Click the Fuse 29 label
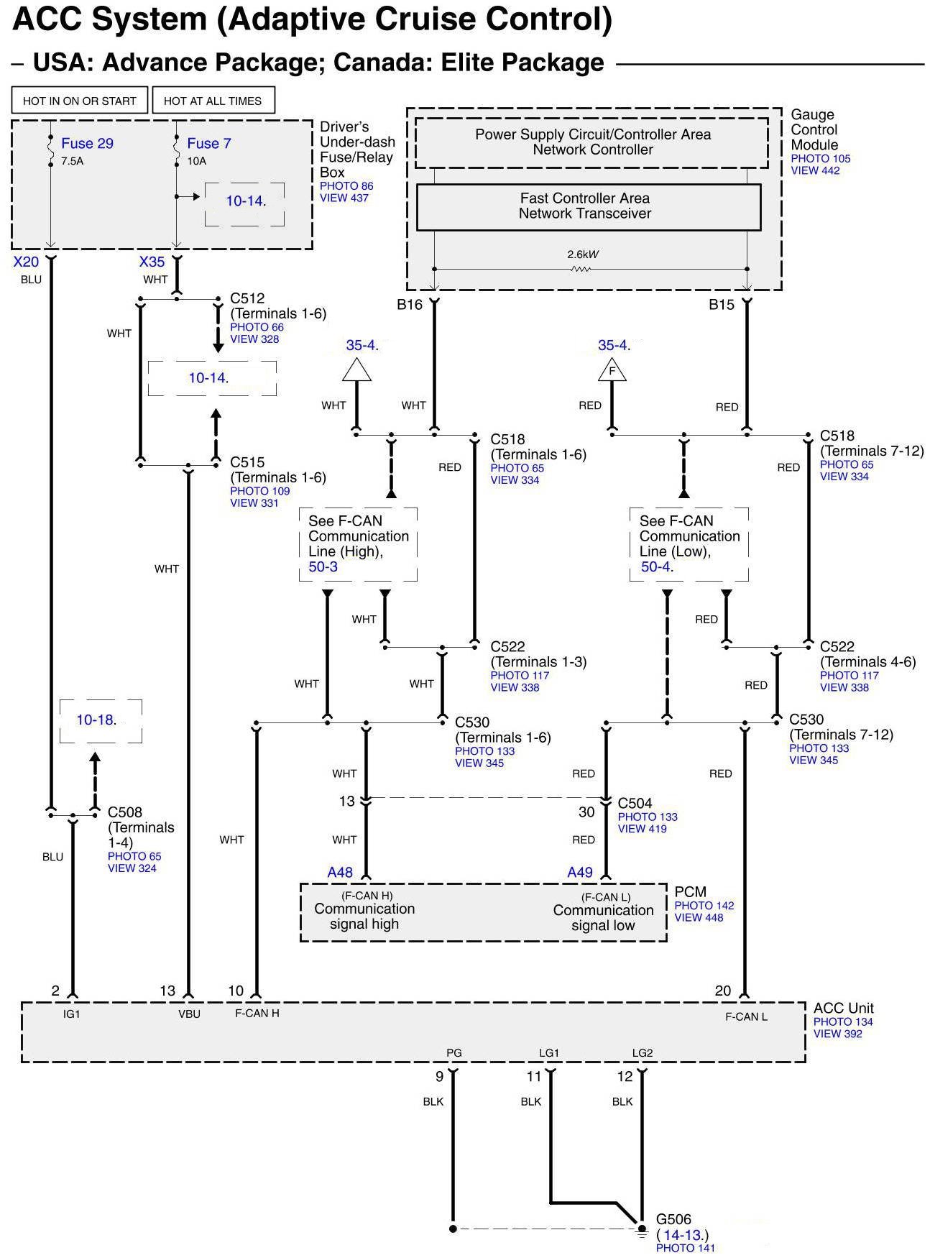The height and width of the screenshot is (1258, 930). click(x=87, y=144)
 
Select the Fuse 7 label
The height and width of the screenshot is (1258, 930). click(x=208, y=144)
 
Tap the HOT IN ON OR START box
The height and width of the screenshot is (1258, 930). click(x=79, y=101)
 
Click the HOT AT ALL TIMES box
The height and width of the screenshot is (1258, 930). click(x=213, y=101)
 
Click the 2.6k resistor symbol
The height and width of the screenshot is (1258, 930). click(x=581, y=269)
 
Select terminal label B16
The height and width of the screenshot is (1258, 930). click(x=410, y=305)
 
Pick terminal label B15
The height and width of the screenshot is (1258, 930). click(x=722, y=305)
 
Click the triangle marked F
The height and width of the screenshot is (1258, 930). click(x=612, y=371)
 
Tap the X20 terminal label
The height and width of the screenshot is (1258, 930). click(x=26, y=262)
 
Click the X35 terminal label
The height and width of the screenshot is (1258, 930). click(x=152, y=262)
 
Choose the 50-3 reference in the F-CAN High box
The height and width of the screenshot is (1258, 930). click(x=323, y=567)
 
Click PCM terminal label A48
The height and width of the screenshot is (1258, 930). click(x=340, y=873)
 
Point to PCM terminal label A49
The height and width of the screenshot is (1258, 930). click(x=580, y=873)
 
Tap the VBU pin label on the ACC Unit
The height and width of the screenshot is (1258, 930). click(x=189, y=1014)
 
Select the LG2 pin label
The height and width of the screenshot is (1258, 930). click(x=643, y=1053)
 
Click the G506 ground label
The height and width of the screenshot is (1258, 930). click(x=673, y=1220)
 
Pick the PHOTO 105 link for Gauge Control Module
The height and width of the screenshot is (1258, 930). click(x=820, y=159)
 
